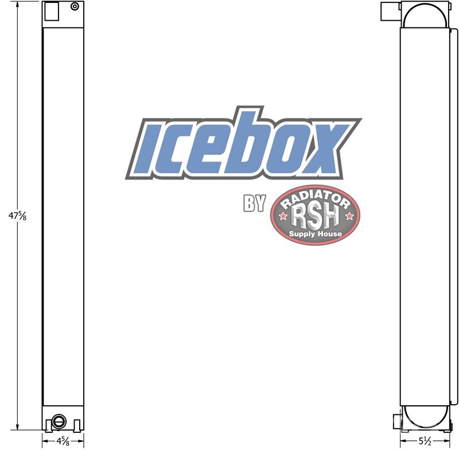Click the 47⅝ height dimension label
pyautogui.click(x=18, y=216)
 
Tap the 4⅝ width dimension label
pyautogui.click(x=63, y=441)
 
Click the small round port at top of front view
pyautogui.click(x=75, y=6)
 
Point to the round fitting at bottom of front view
pyautogui.click(x=59, y=422)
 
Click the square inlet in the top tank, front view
pyautogui.click(x=52, y=11)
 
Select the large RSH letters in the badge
pyautogui.click(x=315, y=217)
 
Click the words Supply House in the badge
pyautogui.click(x=315, y=234)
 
